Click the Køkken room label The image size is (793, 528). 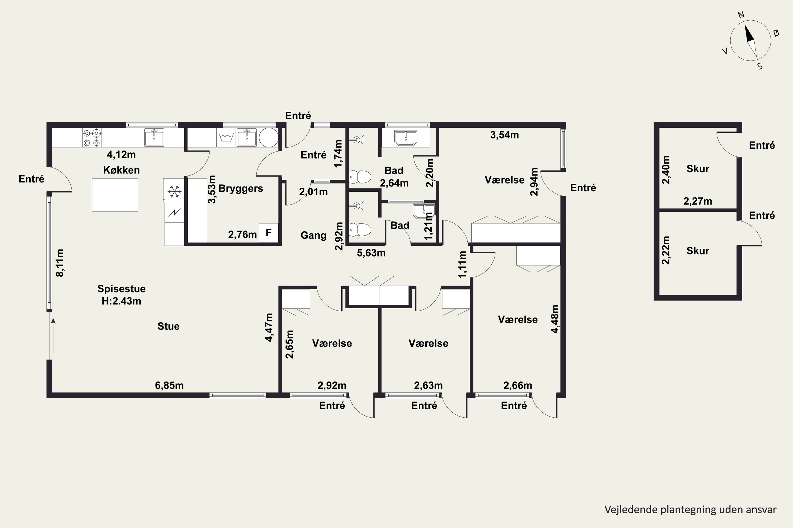point(121,170)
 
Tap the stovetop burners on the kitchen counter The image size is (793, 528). point(92,138)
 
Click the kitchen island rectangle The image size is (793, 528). point(115,195)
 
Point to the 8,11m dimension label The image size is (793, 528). point(60,263)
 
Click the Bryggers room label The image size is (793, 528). point(241,188)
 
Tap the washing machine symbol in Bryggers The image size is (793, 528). point(226,138)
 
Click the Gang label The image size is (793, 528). point(313,235)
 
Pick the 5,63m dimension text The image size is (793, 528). point(371,253)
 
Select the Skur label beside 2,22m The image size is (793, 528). point(698,251)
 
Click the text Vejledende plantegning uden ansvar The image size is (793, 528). point(690,510)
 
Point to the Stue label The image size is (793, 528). point(169,326)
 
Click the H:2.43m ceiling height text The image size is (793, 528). point(121,301)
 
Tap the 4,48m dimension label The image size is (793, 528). point(555,319)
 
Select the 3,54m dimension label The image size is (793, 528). point(505,135)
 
